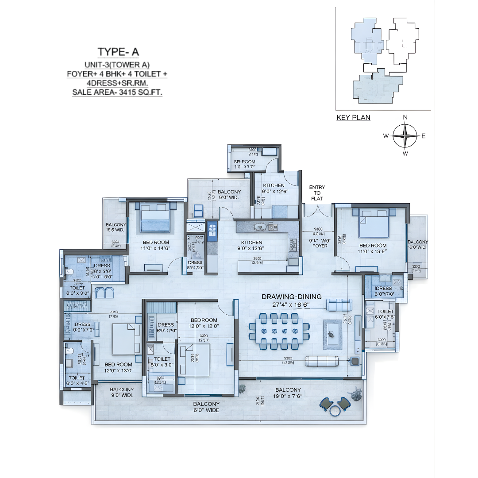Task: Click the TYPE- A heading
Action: pyautogui.click(x=118, y=52)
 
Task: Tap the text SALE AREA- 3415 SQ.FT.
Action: pyautogui.click(x=118, y=93)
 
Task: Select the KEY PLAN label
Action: pyautogui.click(x=353, y=118)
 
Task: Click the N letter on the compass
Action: pyautogui.click(x=405, y=117)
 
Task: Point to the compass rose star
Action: pyautogui.click(x=405, y=135)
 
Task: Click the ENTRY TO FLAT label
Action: pyautogui.click(x=317, y=193)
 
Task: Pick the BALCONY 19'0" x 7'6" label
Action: pyautogui.click(x=287, y=393)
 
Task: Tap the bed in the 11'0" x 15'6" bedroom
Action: pyautogui.click(x=374, y=224)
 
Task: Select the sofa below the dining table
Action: pyautogui.click(x=322, y=361)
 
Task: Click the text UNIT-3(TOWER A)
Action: pyautogui.click(x=118, y=64)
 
